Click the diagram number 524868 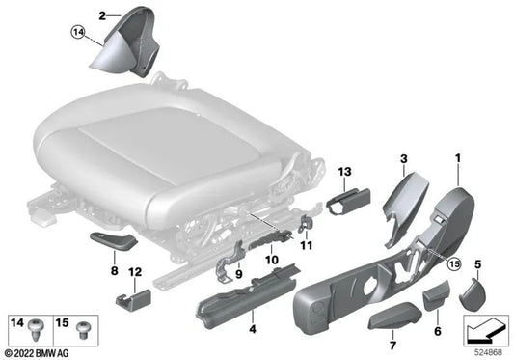point(486,351)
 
